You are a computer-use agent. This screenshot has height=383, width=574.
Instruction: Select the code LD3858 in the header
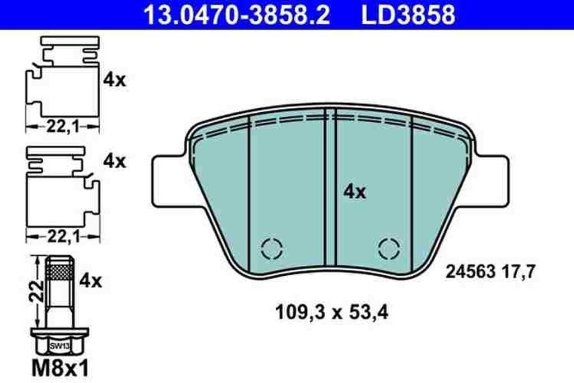(408, 15)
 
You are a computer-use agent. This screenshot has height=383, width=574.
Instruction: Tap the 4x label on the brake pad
(354, 192)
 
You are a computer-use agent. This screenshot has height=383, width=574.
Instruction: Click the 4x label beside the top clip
(115, 80)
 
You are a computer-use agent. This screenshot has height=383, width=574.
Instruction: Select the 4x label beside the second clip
(115, 161)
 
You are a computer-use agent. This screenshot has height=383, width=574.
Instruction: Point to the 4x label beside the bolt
(91, 280)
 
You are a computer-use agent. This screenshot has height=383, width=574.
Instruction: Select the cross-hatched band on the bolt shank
(59, 273)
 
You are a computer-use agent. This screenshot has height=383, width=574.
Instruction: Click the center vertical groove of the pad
(330, 185)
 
